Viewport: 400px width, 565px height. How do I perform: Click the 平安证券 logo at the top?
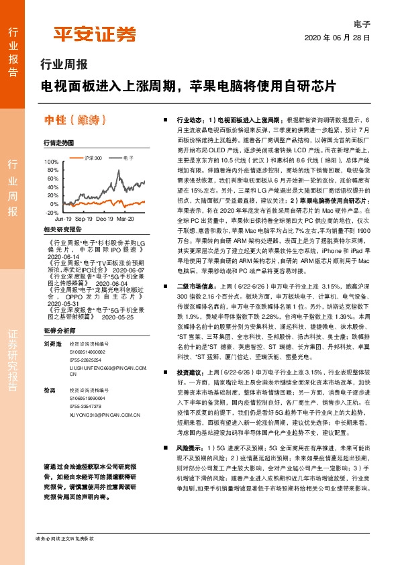tap(95, 34)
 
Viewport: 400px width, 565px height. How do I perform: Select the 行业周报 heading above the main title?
tap(64, 65)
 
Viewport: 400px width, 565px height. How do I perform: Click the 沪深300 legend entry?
tap(93, 158)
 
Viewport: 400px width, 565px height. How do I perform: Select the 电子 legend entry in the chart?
tap(128, 158)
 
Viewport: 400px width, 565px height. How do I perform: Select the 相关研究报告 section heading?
tap(62, 229)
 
